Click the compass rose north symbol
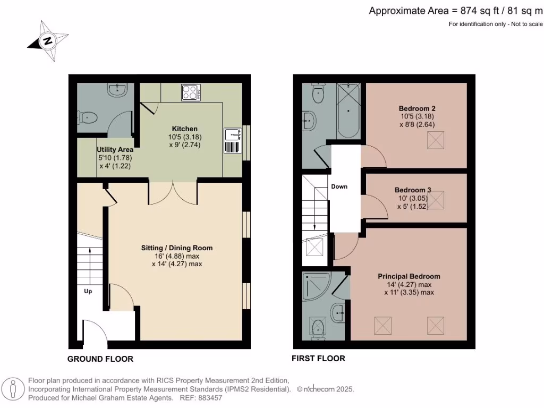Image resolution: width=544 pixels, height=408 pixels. tap(47, 41)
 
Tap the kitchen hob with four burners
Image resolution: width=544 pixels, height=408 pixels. tap(191, 92)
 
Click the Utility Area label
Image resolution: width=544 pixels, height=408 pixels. tap(115, 149)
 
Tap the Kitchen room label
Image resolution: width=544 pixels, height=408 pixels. tap(184, 129)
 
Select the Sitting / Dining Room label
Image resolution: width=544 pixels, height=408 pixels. tap(176, 248)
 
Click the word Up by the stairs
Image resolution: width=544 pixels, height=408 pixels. tap(88, 292)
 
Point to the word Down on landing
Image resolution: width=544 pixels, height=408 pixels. tap(339, 186)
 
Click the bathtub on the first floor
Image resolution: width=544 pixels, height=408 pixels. tap(348, 110)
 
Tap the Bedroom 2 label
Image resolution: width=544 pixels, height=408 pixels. tap(417, 108)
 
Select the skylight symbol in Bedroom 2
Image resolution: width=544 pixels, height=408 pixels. tap(436, 140)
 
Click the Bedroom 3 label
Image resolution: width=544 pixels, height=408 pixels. tap(412, 190)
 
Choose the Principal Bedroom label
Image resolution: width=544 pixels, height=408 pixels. tap(409, 276)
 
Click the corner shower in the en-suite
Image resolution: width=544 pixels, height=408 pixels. tap(316, 286)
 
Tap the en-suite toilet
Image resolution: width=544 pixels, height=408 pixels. tap(318, 329)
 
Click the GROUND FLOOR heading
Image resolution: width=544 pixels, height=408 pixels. tap(100, 359)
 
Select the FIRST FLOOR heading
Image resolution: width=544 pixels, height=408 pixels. tap(319, 359)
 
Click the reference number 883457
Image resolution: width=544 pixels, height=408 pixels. tap(210, 398)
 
